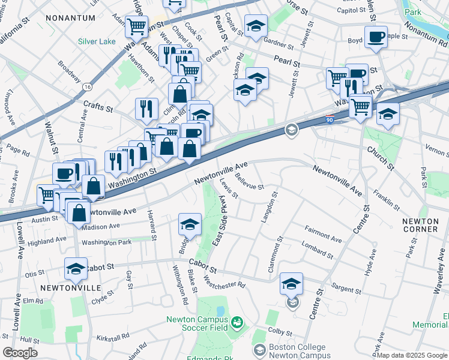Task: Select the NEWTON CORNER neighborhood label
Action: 420,225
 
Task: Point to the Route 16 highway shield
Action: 88,86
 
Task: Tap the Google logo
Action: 20,353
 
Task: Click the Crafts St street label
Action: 98,107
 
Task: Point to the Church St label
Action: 381,157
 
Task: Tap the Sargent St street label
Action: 345,289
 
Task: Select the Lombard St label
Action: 318,248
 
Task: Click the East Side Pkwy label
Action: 220,220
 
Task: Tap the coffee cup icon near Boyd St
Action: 376,37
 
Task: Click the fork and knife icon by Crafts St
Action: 146,109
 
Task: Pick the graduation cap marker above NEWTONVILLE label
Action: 76,269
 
